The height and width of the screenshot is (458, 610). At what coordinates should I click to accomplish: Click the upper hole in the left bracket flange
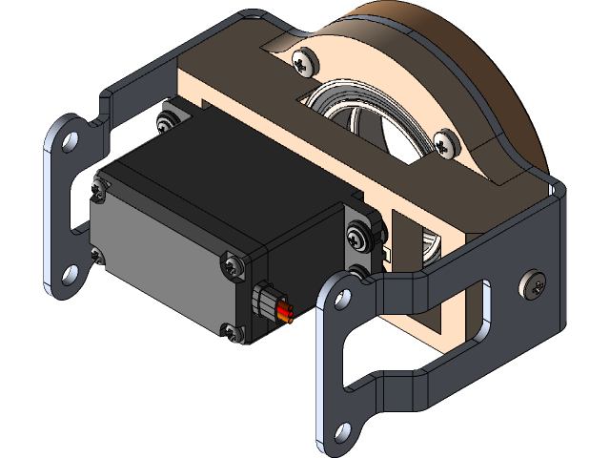pyautogui.click(x=68, y=141)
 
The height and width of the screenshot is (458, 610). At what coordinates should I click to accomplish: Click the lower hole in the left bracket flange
pyautogui.click(x=68, y=276)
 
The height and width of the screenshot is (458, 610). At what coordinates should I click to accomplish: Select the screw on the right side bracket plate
pyautogui.click(x=534, y=283)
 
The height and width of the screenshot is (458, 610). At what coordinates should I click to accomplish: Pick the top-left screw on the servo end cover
pyautogui.click(x=98, y=190)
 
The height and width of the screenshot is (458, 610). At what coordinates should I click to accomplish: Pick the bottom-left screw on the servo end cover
pyautogui.click(x=96, y=255)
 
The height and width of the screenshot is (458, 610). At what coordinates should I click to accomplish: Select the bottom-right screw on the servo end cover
pyautogui.click(x=232, y=331)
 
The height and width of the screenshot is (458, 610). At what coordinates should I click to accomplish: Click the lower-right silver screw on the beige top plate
pyautogui.click(x=444, y=142)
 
